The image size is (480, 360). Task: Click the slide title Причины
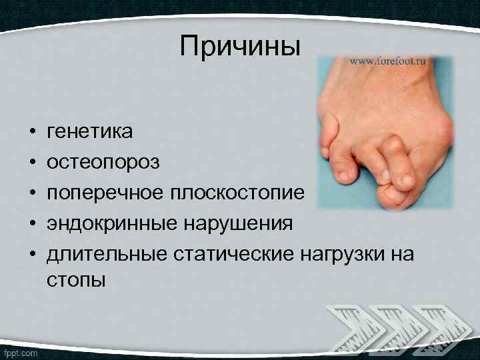click(x=240, y=46)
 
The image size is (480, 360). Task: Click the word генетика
click(x=90, y=132)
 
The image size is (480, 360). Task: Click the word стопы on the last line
click(x=76, y=280)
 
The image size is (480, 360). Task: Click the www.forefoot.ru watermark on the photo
click(x=387, y=61)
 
